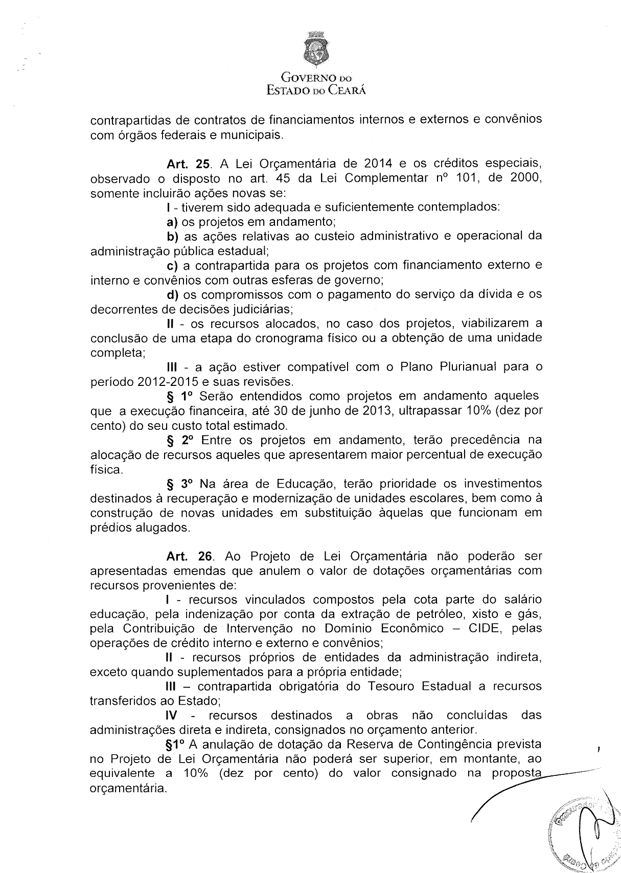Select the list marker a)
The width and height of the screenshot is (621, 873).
point(172,222)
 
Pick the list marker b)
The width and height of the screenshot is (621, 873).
point(172,237)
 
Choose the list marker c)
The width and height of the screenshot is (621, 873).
point(172,266)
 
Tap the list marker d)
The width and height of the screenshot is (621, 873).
point(172,295)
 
